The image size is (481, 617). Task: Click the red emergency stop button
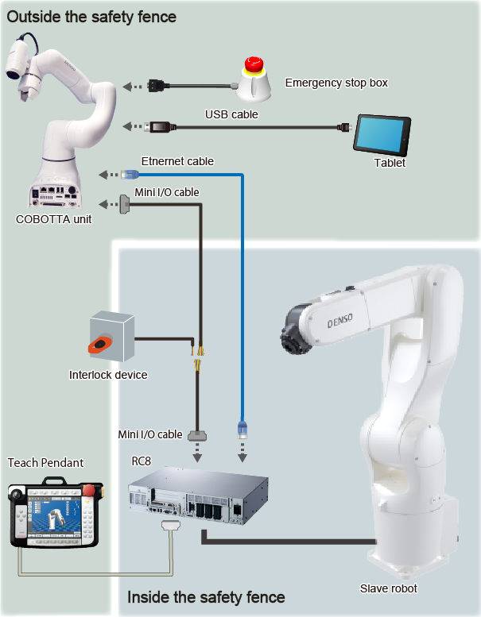pyautogui.click(x=255, y=64)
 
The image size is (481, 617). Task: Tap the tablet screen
pyautogui.click(x=379, y=135)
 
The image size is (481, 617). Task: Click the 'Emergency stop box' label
pyautogui.click(x=336, y=83)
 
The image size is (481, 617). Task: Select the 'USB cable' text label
pyautogui.click(x=231, y=114)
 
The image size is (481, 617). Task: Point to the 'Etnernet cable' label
pyautogui.click(x=177, y=161)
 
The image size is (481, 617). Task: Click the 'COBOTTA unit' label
pyautogui.click(x=53, y=219)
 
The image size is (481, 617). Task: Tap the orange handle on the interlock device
pyautogui.click(x=103, y=345)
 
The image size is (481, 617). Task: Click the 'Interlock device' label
pyautogui.click(x=108, y=375)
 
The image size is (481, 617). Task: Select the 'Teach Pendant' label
pyautogui.click(x=45, y=462)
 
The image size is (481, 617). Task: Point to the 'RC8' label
pyautogui.click(x=141, y=460)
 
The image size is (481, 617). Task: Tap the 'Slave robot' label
pyautogui.click(x=389, y=588)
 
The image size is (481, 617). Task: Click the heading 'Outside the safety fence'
pyautogui.click(x=91, y=16)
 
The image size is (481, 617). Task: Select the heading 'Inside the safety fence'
pyautogui.click(x=206, y=596)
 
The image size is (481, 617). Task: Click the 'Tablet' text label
pyautogui.click(x=390, y=164)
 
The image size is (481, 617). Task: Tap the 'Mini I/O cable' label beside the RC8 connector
pyautogui.click(x=149, y=434)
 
